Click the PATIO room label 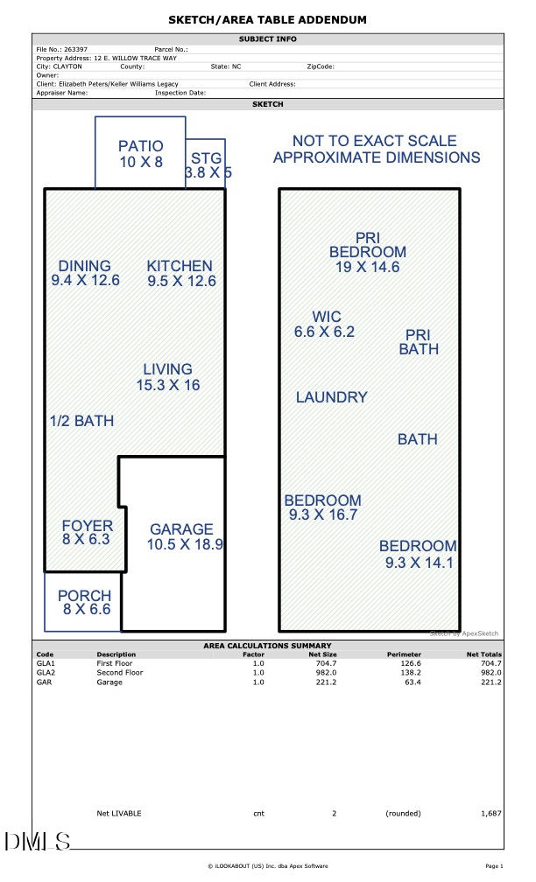[x=141, y=146]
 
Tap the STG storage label [x=206, y=158]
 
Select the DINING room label [x=84, y=266]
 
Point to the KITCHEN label [x=180, y=266]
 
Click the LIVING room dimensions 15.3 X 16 [x=168, y=385]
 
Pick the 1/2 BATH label [x=81, y=421]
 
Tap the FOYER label [x=88, y=526]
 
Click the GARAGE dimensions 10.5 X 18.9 [x=186, y=544]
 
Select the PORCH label [x=84, y=596]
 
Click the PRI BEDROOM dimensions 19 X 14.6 [x=368, y=267]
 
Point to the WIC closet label [x=327, y=317]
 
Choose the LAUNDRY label [x=332, y=397]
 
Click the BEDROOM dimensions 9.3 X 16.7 [x=323, y=514]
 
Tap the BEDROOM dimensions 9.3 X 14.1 [x=420, y=563]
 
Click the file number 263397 [x=76, y=50]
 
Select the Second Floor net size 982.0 [x=326, y=673]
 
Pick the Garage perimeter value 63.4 [x=413, y=682]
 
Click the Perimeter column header [x=405, y=654]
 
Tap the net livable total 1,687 [x=491, y=814]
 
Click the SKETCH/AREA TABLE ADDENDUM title [x=267, y=20]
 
